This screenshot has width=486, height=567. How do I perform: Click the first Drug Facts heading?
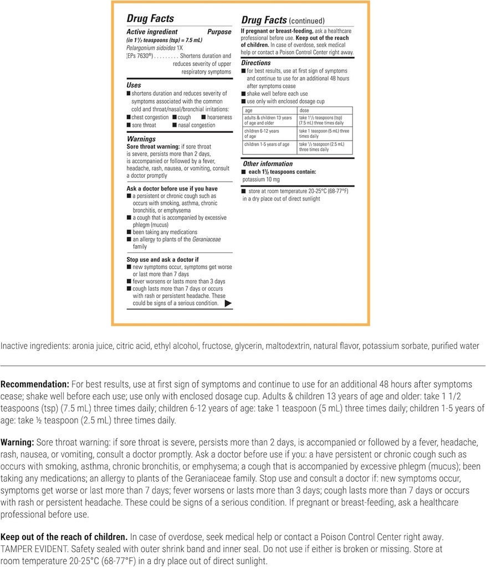pyautogui.click(x=150, y=19)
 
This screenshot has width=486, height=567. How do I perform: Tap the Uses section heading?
pyautogui.click(x=134, y=85)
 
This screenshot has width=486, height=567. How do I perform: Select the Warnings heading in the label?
pyautogui.click(x=141, y=139)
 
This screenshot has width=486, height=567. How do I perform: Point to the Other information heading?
pyautogui.click(x=268, y=164)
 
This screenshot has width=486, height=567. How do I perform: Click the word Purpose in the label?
pyautogui.click(x=219, y=32)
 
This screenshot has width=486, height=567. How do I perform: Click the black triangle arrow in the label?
pyautogui.click(x=228, y=303)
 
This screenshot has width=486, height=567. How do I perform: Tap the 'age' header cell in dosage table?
pyautogui.click(x=249, y=110)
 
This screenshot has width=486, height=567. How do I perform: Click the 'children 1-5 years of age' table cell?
pyautogui.click(x=267, y=144)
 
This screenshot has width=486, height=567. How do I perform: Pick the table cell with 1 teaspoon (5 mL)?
pyautogui.click(x=324, y=133)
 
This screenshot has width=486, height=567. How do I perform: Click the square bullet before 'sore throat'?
pyautogui.click(x=129, y=125)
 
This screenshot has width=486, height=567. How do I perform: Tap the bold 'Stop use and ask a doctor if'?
pyautogui.click(x=162, y=259)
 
